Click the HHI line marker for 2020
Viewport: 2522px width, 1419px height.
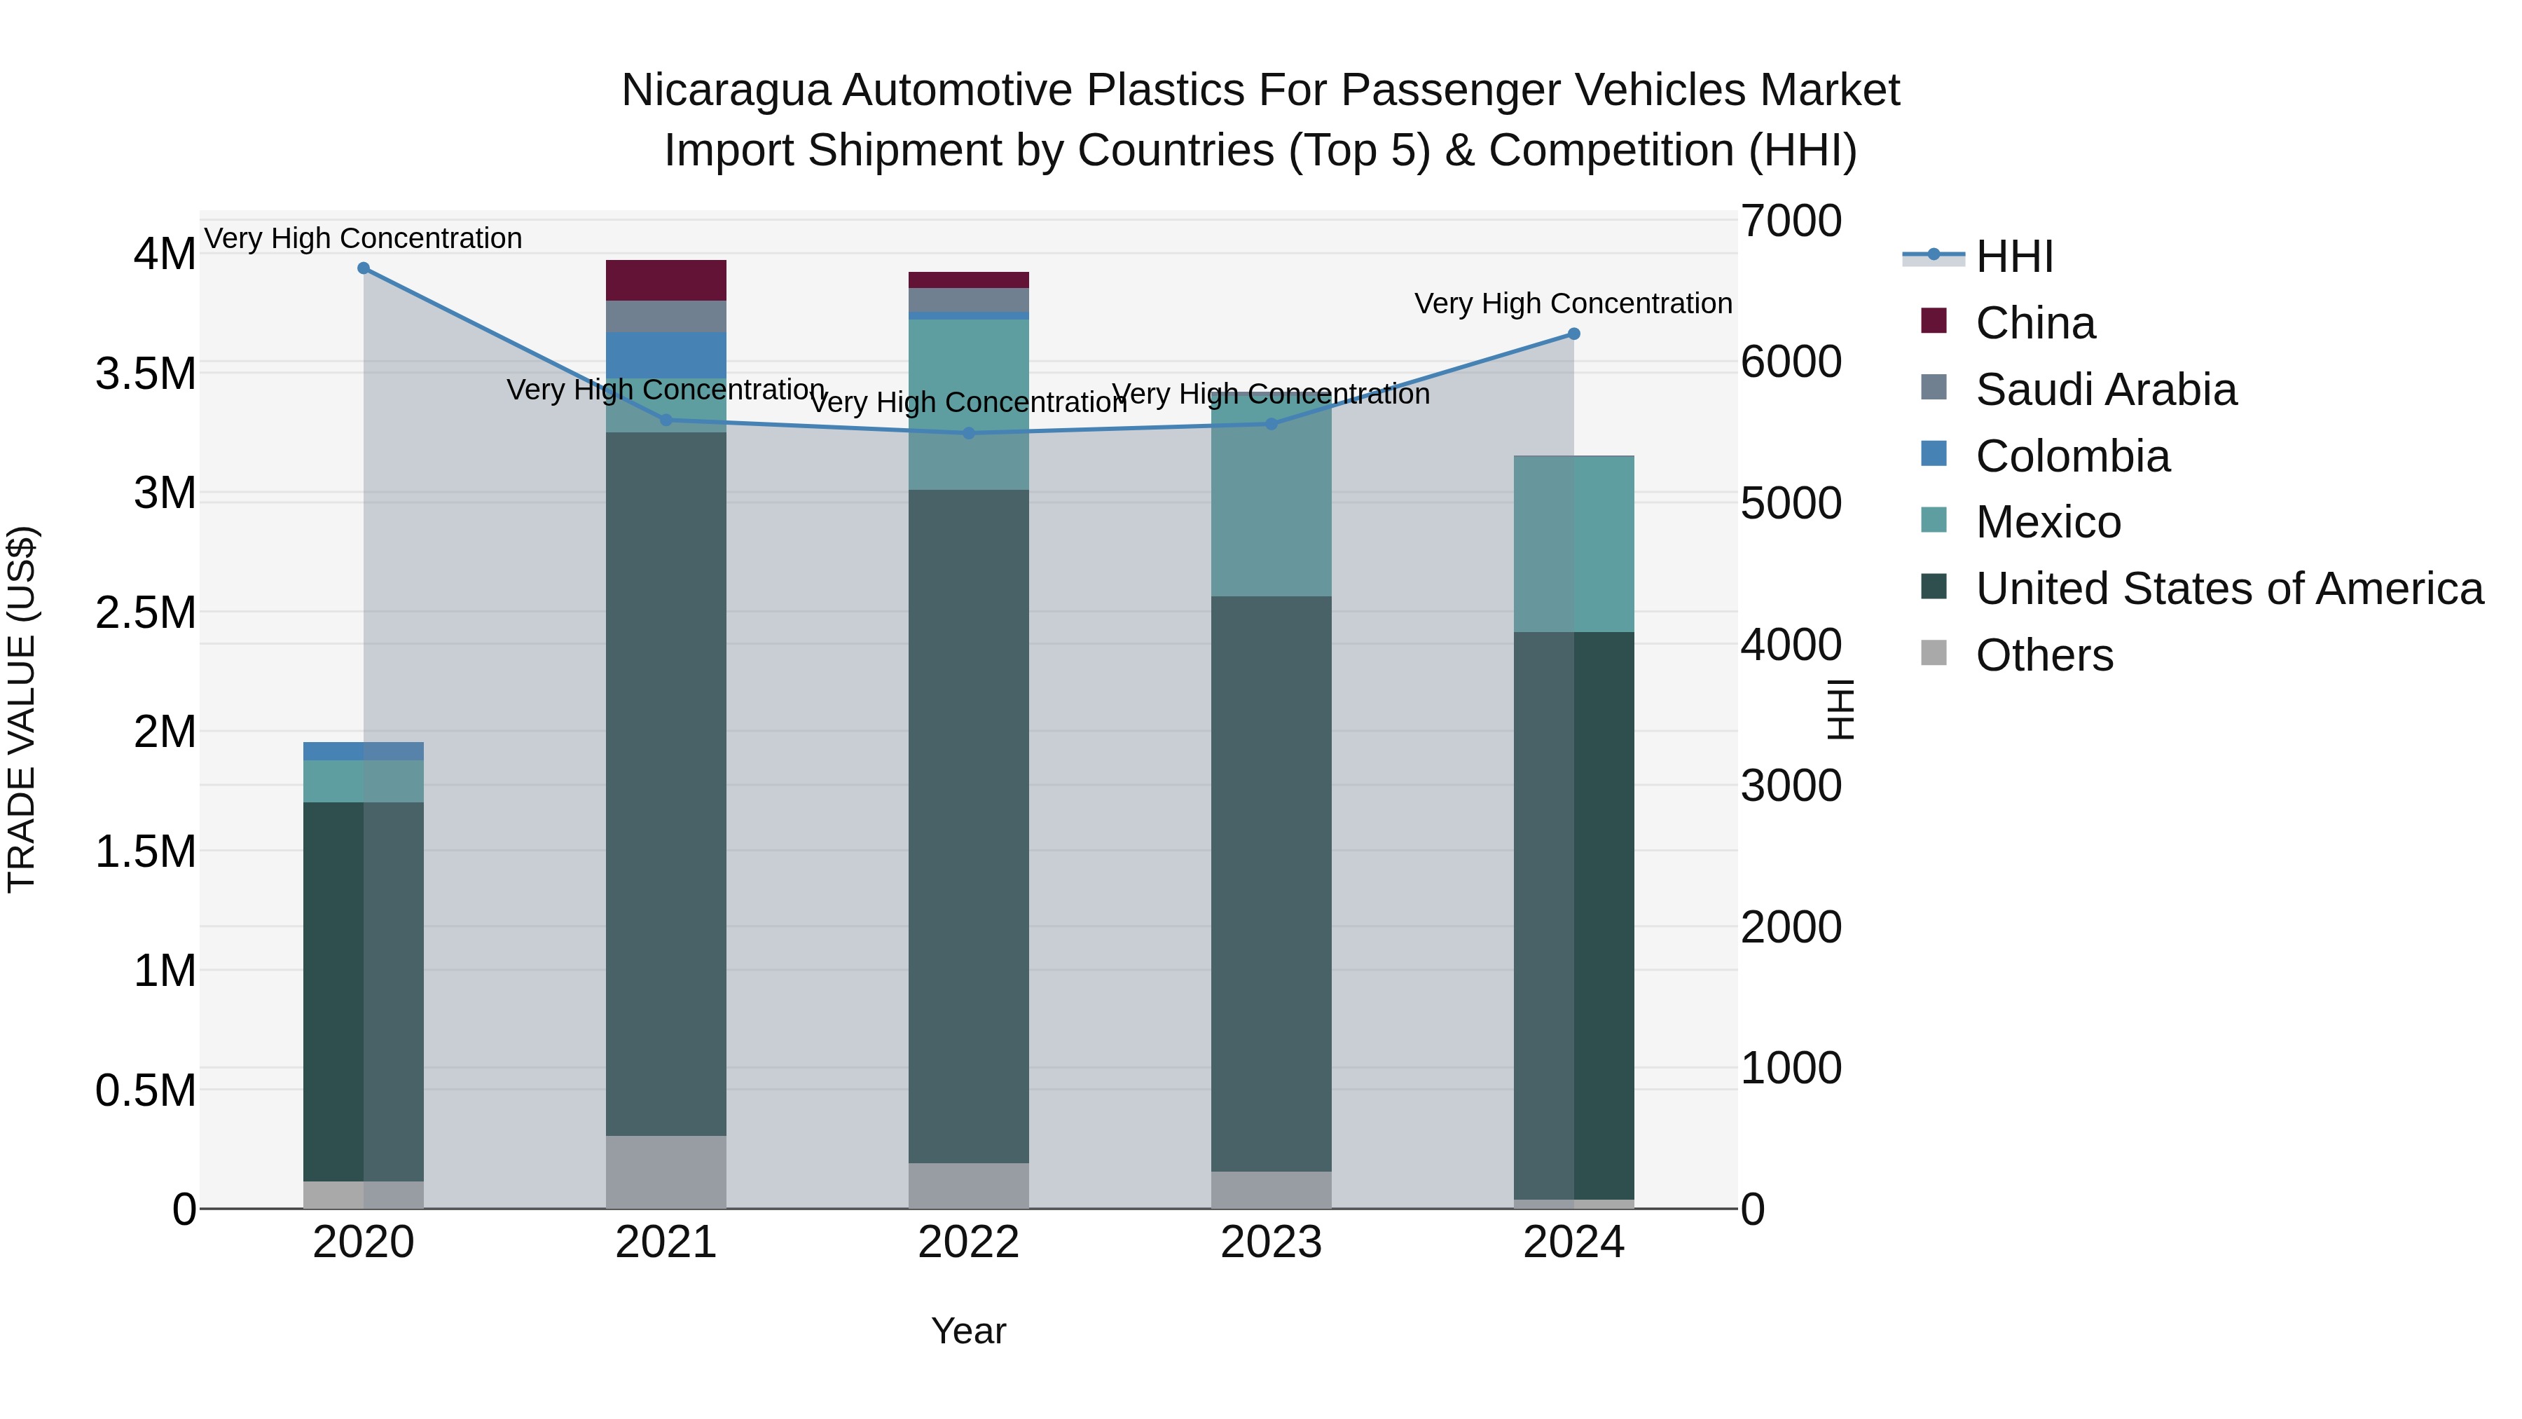[x=363, y=268]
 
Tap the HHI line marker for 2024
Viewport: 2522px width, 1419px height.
[x=1573, y=334]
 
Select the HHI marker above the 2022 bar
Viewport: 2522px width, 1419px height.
[x=968, y=433]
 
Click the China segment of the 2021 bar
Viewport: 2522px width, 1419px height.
[x=666, y=280]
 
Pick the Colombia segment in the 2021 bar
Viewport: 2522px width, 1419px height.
[x=666, y=355]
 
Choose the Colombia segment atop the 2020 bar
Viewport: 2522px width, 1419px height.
[x=363, y=751]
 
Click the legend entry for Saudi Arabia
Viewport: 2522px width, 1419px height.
[x=2105, y=390]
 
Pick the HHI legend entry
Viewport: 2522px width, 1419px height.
[x=2013, y=256]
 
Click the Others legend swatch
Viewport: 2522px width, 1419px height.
[x=1934, y=653]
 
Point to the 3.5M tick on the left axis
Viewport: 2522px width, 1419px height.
[x=146, y=374]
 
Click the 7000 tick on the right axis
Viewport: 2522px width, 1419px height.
[x=1791, y=221]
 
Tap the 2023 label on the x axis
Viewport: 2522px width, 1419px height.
[x=1271, y=1242]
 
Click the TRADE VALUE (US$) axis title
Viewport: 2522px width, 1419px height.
[x=22, y=709]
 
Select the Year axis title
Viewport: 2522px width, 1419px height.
[x=968, y=1331]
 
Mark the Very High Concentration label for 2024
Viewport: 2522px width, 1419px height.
[x=1573, y=303]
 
